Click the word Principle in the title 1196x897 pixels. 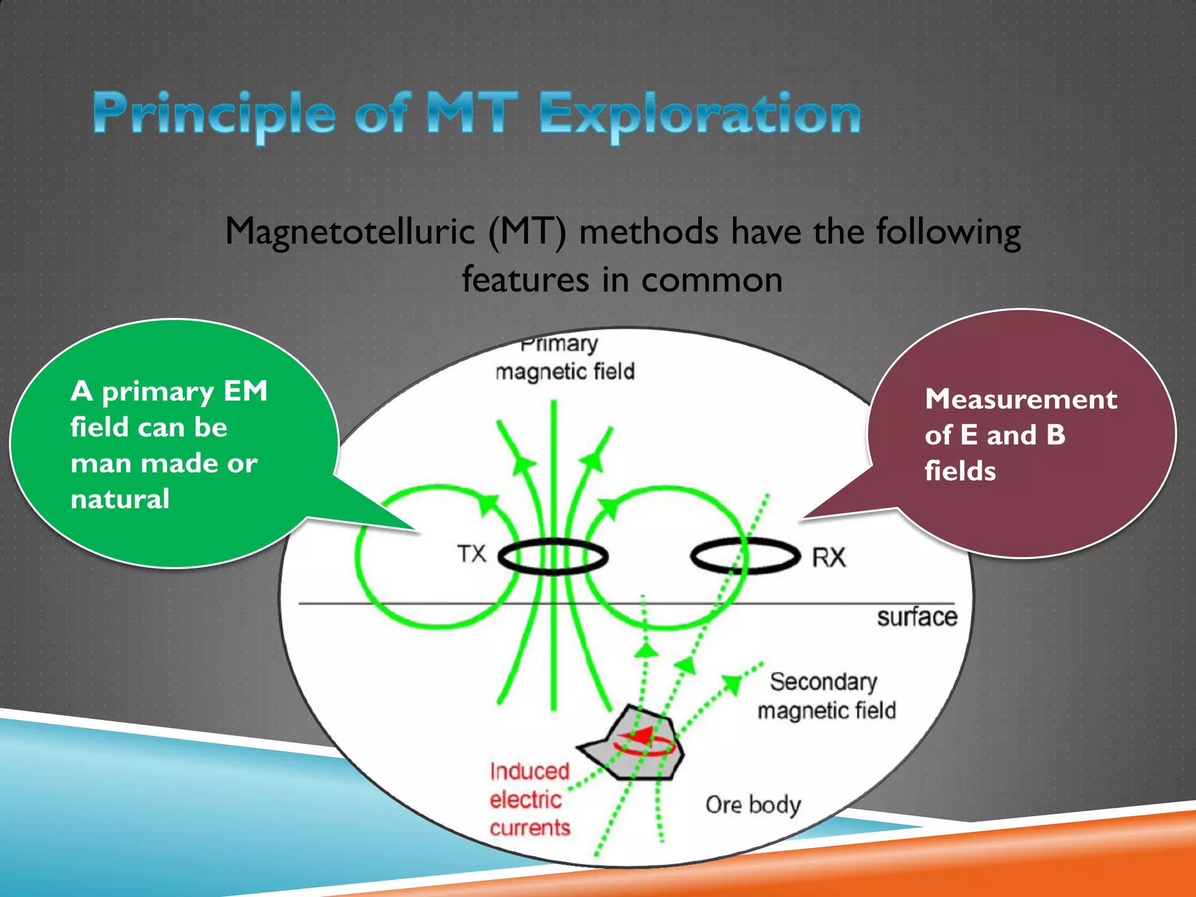coord(214,114)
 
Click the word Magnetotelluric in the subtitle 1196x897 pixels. coord(350,232)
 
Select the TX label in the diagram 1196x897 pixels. coord(472,553)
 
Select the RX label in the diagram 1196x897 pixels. coord(829,557)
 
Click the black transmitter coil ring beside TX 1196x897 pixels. coord(552,541)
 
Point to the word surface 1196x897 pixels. coord(917,617)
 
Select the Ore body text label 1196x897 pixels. coord(753,805)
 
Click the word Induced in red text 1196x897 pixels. coord(529,771)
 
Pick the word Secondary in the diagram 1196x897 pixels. coord(823,682)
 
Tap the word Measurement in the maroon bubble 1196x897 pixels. coord(1021,399)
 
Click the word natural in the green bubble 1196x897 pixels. coord(120,499)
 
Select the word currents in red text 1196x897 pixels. coord(530,828)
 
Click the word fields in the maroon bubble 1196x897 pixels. coord(960,471)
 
